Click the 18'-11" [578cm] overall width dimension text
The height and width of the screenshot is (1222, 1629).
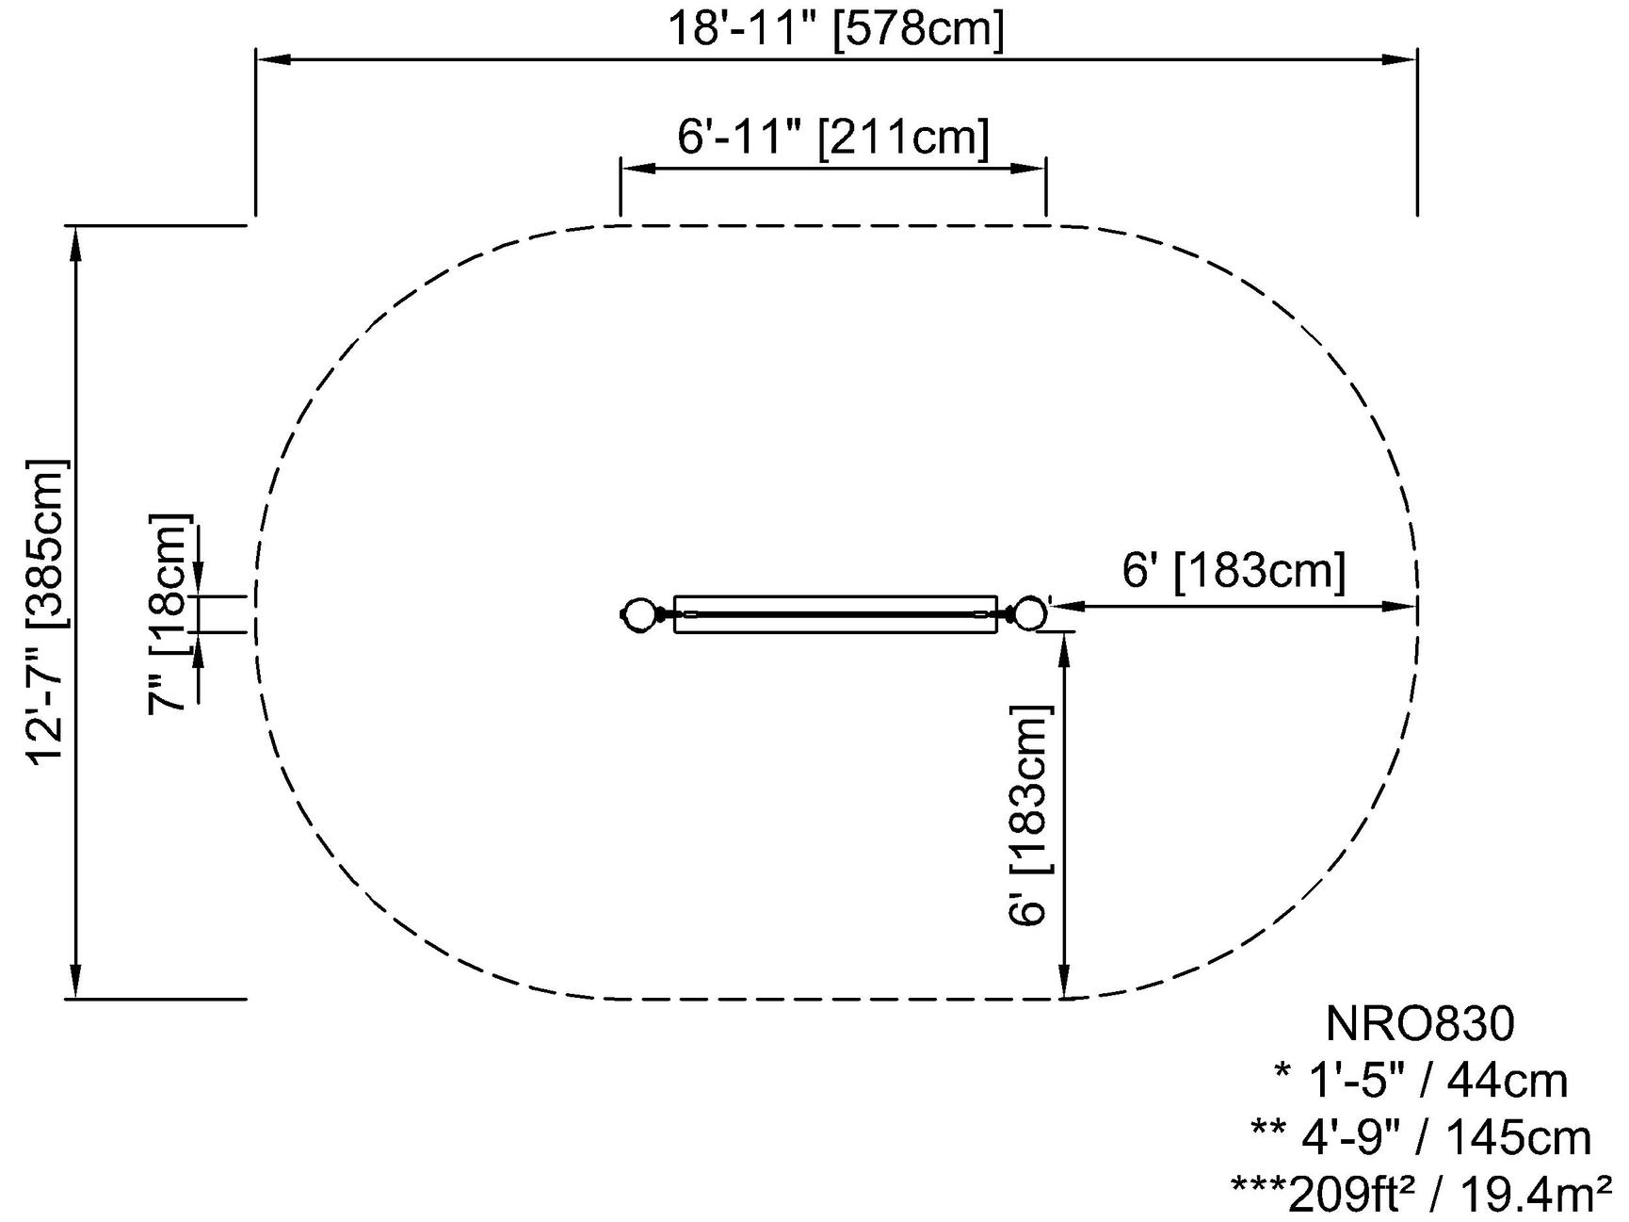pos(836,28)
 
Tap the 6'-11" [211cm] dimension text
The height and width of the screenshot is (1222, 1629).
pos(833,138)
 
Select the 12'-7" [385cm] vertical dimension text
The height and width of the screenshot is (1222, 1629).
pos(48,612)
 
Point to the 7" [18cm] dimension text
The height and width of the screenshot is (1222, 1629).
pos(170,614)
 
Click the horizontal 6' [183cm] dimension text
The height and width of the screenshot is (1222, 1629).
pos(1234,570)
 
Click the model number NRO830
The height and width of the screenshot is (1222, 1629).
pos(1420,1024)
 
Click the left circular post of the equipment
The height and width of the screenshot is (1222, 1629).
pos(639,613)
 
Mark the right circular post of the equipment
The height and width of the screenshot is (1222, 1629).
pos(1030,613)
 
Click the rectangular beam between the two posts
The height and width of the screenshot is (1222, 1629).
pos(835,613)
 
